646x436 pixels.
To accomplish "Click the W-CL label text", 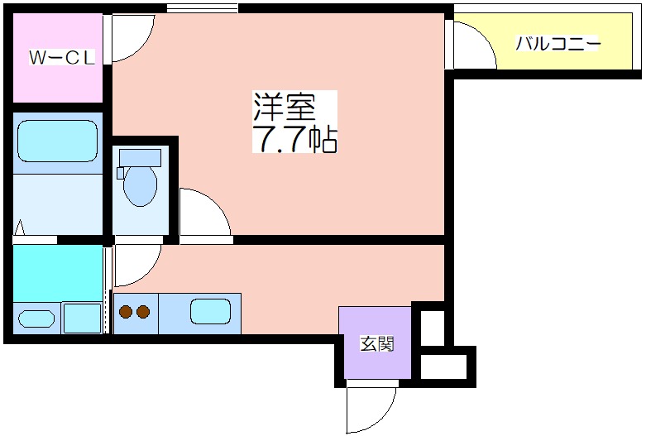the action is click(62, 58).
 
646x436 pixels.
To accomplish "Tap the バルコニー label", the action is click(557, 44).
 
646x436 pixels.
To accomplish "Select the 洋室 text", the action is click(285, 107).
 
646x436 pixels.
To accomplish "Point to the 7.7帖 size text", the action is click(295, 138).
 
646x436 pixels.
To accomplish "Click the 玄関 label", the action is click(377, 343).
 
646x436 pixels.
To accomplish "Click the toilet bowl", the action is click(140, 186).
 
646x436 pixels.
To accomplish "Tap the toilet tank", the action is click(140, 158).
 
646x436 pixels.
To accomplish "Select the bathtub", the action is click(57, 141).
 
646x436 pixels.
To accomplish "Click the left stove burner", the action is click(126, 312).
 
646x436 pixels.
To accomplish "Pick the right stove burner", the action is click(143, 312).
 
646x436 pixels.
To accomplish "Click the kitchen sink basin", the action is click(210, 311).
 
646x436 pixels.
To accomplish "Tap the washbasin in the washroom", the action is click(36, 319).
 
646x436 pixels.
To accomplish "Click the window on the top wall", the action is click(203, 7).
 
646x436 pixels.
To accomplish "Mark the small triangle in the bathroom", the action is click(19, 228).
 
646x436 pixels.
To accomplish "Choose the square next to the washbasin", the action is click(82, 318).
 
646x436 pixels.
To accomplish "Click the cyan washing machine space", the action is click(58, 273).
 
